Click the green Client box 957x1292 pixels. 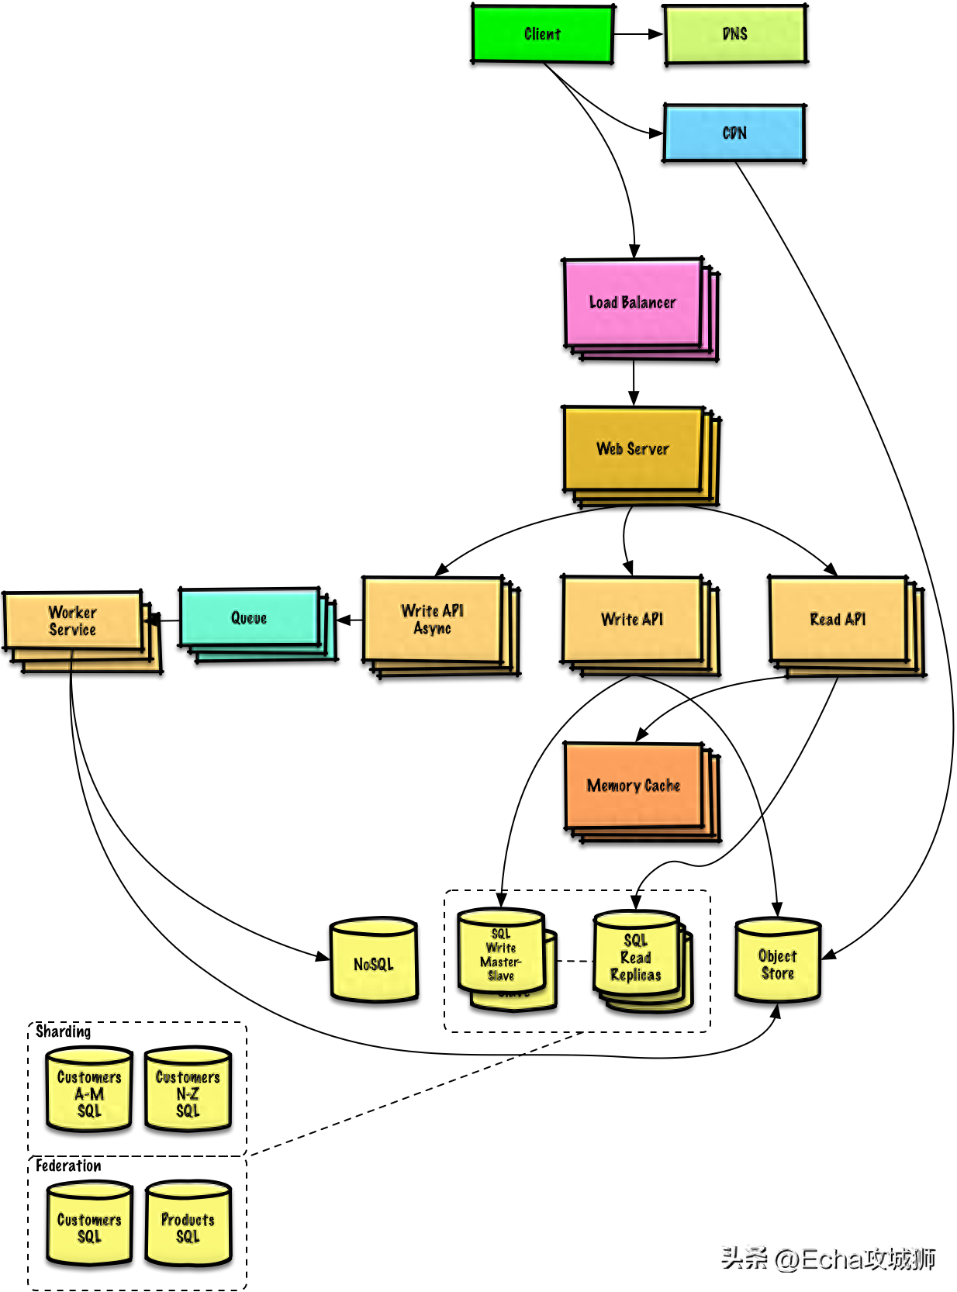click(x=541, y=34)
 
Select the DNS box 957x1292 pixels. click(x=735, y=34)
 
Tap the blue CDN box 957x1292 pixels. click(x=734, y=133)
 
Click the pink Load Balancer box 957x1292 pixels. click(x=633, y=302)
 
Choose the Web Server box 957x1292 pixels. click(x=633, y=448)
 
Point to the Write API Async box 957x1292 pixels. click(x=432, y=619)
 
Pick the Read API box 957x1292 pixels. click(x=838, y=619)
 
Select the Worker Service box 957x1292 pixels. click(x=73, y=620)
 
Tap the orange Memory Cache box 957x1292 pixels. click(x=633, y=785)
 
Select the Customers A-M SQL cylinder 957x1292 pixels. click(x=89, y=1090)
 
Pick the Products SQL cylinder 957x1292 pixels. click(x=188, y=1223)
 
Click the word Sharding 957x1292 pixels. click(x=63, y=1031)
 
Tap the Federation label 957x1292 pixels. click(x=68, y=1166)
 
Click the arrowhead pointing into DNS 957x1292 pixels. click(x=656, y=34)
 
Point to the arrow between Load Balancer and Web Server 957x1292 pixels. click(x=634, y=382)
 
